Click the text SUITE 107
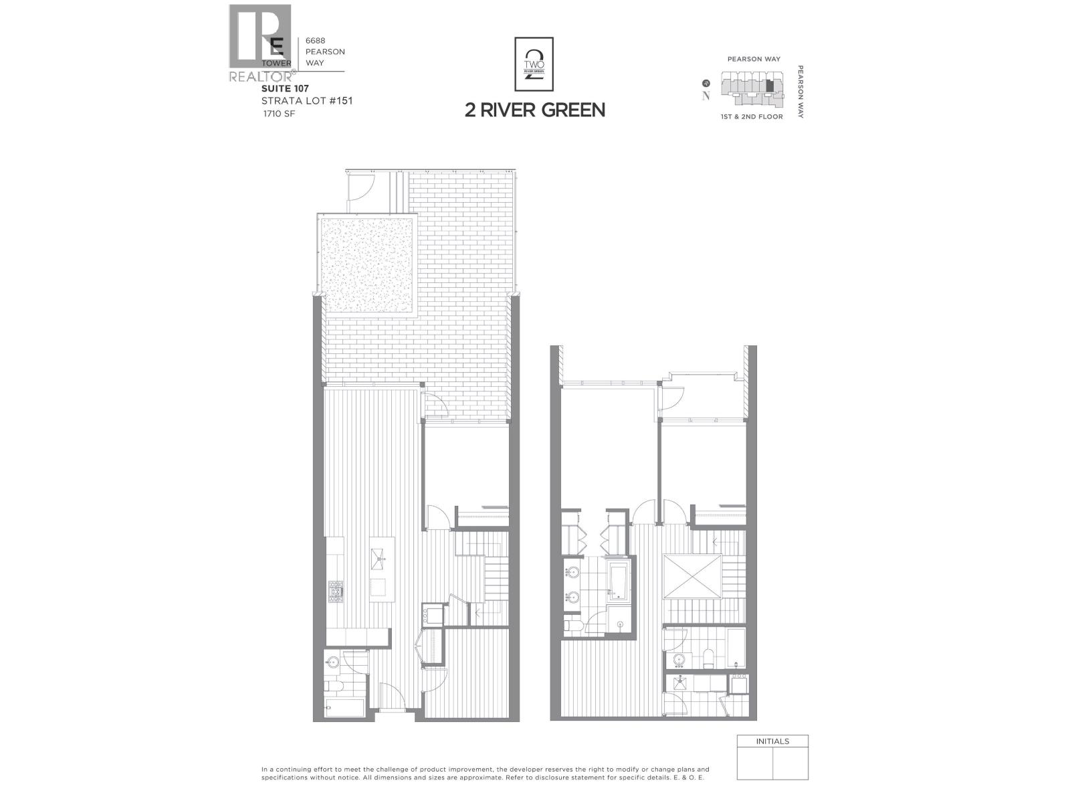pos(285,88)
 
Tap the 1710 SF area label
pos(279,114)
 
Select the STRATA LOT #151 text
pos(307,101)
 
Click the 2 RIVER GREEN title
pos(535,110)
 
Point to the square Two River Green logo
pos(534,64)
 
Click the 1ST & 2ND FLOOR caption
pos(752,117)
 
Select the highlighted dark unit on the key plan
pos(770,86)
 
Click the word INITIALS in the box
pos(772,741)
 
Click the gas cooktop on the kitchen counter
pos(335,590)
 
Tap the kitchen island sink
pos(379,557)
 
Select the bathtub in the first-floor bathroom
pos(345,707)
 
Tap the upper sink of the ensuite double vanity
pos(572,573)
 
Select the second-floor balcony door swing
pos(671,399)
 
